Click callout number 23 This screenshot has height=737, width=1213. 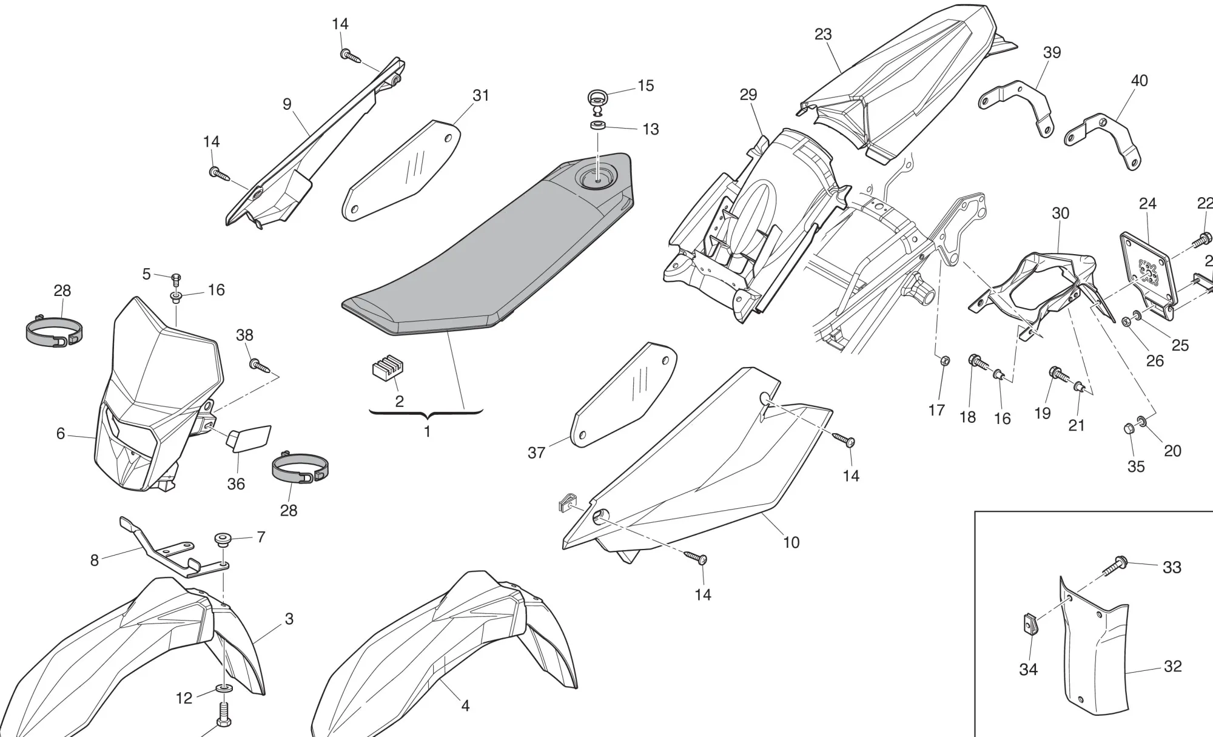pos(822,35)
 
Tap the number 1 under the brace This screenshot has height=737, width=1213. pos(427,432)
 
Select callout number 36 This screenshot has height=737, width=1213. pos(236,483)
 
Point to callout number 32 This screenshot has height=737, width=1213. pos(1172,666)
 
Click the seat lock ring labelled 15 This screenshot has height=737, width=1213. pos(597,99)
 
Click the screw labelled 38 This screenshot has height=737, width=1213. pos(259,365)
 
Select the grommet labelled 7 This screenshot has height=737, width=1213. pos(224,539)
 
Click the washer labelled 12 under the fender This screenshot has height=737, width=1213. pos(224,690)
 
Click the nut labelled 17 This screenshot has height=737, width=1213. pos(944,362)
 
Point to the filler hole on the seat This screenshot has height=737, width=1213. pos(597,179)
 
